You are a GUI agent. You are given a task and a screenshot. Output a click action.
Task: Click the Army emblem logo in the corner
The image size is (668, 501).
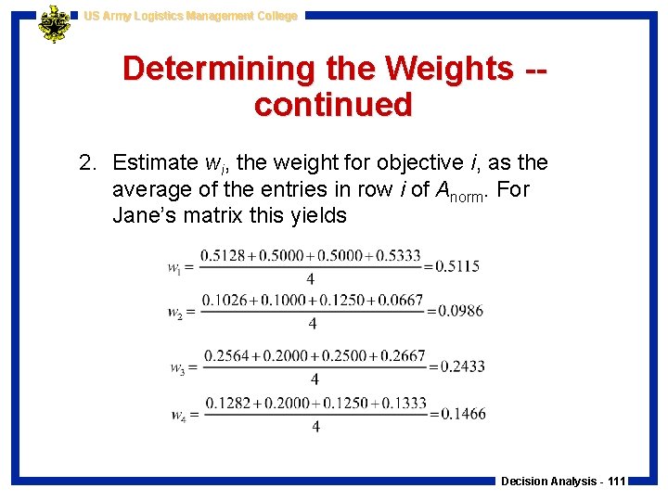[x=55, y=23]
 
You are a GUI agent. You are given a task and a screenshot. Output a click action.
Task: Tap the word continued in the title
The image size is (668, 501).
[x=333, y=105]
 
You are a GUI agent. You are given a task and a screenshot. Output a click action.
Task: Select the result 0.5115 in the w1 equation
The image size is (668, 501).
[x=458, y=266]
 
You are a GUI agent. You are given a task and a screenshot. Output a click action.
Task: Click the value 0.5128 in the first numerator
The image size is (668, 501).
[x=224, y=255]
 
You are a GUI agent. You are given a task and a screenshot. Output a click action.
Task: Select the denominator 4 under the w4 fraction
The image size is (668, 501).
[x=316, y=427]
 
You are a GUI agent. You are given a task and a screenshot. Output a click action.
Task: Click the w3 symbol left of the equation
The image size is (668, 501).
[x=178, y=368]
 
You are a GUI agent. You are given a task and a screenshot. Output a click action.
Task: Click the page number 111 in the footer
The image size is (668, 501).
[x=614, y=482]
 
